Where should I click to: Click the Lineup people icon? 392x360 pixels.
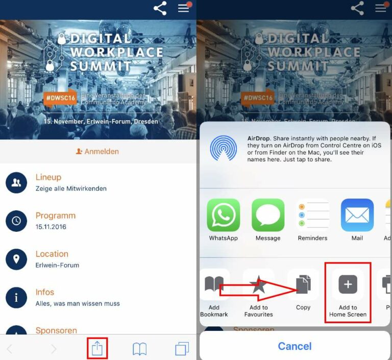(x=16, y=182)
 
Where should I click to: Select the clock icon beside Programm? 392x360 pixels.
(x=16, y=221)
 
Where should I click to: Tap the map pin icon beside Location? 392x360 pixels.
(x=16, y=259)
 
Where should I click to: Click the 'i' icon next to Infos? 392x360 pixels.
(x=16, y=297)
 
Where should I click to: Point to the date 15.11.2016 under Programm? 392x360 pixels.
(x=51, y=227)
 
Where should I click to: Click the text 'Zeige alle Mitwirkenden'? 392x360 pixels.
(x=71, y=188)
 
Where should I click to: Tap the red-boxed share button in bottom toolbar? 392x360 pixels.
(x=97, y=348)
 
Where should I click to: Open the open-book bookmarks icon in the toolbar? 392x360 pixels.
(x=139, y=349)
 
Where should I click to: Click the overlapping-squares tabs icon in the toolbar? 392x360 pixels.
(x=182, y=349)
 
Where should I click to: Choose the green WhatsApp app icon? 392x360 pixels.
(x=224, y=215)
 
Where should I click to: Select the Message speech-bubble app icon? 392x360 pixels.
(x=268, y=215)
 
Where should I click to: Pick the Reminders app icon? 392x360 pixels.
(x=312, y=215)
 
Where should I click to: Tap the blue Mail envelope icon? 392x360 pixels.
(x=357, y=215)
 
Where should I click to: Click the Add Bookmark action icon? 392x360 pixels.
(x=214, y=284)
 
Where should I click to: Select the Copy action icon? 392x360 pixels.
(x=303, y=284)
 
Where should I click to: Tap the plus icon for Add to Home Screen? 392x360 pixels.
(x=348, y=284)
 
